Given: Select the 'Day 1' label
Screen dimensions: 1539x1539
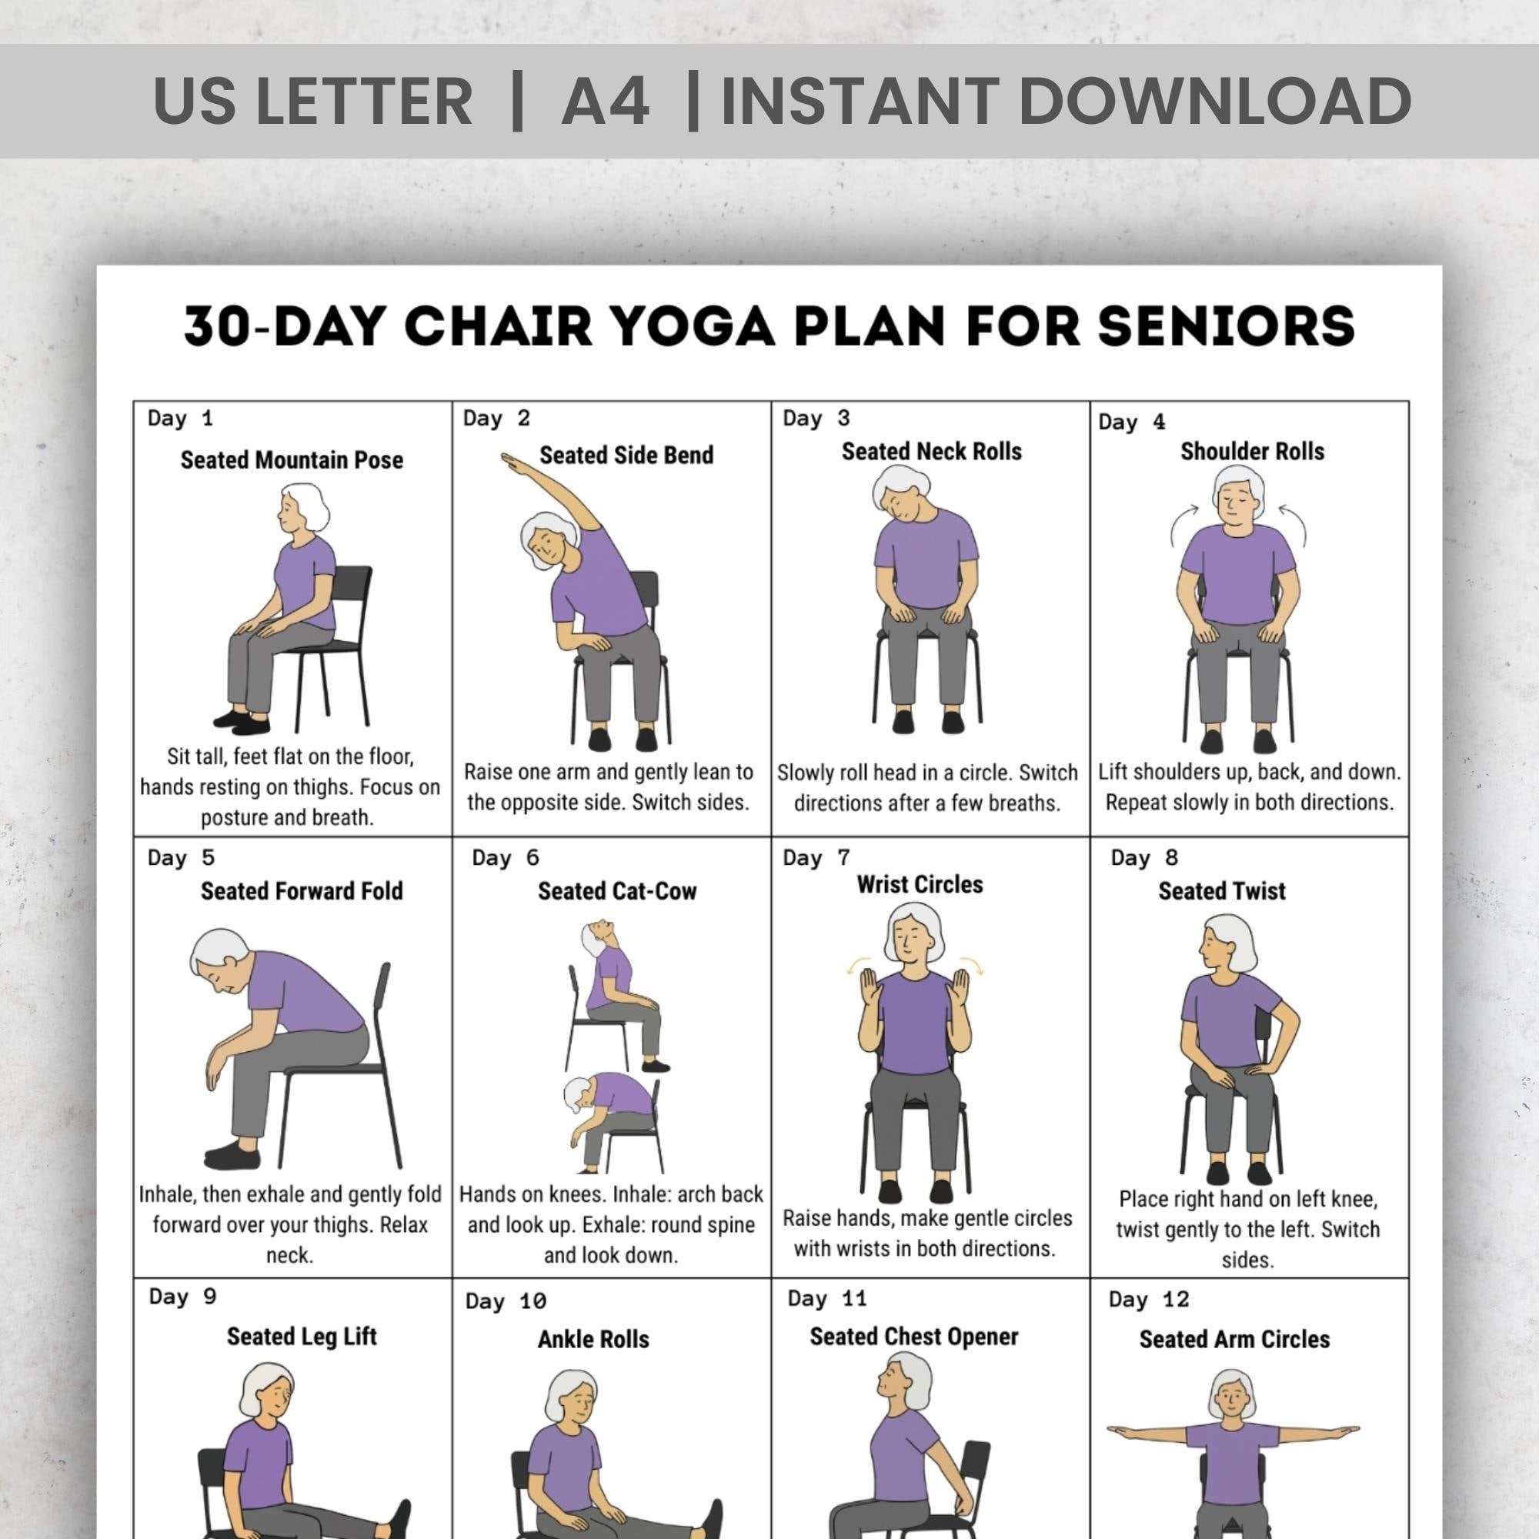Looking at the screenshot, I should tap(180, 418).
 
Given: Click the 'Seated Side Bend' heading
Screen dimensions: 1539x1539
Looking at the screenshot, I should tap(626, 455).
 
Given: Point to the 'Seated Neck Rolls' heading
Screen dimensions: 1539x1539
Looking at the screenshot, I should tap(931, 452).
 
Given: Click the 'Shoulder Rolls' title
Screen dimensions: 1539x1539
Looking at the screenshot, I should tap(1251, 452).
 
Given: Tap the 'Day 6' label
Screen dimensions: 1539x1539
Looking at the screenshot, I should tap(505, 858).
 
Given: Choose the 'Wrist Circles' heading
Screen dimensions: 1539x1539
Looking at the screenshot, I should tap(920, 884).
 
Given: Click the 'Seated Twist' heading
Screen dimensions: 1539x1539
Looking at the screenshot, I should tap(1221, 890).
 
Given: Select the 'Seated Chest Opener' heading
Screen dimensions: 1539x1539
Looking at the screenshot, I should tap(913, 1337).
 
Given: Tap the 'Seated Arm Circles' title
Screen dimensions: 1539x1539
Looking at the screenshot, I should tap(1234, 1339).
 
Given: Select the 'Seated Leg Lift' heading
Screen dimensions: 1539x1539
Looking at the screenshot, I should tap(301, 1336).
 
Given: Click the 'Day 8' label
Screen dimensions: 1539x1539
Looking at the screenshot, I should tap(1144, 858).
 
